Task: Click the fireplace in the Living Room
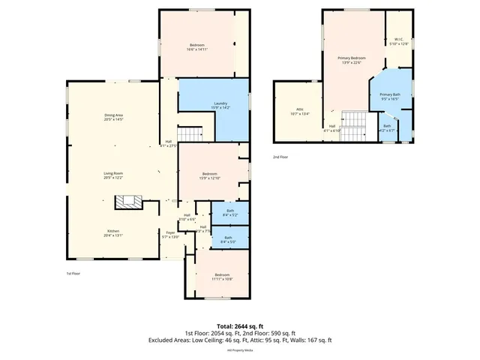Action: click(125, 202)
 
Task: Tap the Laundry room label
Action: click(220, 104)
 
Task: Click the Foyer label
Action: click(170, 233)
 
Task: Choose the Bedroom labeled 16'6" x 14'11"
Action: click(196, 47)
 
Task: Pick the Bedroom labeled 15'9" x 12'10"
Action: click(210, 175)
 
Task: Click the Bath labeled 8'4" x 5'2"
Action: click(230, 213)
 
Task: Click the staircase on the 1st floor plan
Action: click(193, 134)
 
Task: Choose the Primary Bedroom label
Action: click(351, 59)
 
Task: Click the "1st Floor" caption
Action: click(73, 274)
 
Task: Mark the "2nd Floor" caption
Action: click(280, 157)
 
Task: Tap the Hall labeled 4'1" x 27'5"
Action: click(169, 143)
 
